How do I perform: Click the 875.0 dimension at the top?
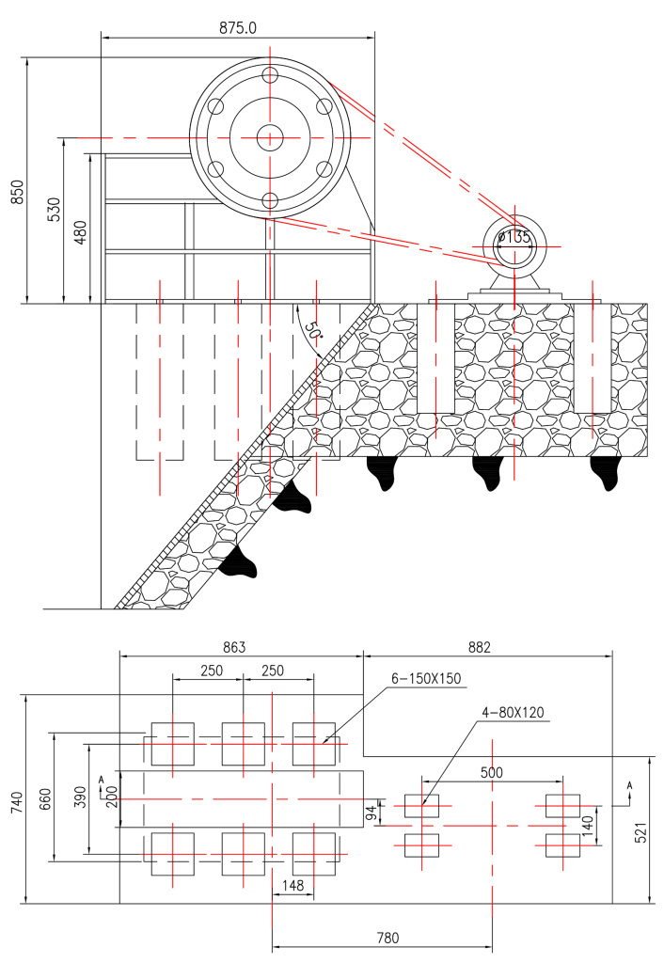coord(238,27)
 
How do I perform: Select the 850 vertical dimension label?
coord(17,192)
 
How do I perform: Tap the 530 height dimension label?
coord(54,210)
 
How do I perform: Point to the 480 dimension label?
coord(81,232)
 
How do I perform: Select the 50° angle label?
coord(313,331)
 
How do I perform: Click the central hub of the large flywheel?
coord(269,137)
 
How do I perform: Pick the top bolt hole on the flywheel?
coord(269,75)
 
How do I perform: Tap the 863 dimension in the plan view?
coord(234,647)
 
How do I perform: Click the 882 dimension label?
coord(480,647)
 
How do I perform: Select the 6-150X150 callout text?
coord(426,679)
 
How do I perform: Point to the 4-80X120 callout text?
coord(513,713)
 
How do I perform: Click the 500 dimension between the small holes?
coord(491,772)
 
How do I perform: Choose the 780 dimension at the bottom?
coord(387,938)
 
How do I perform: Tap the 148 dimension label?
coord(293,885)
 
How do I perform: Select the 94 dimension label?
coord(371,813)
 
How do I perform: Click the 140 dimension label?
coord(588,826)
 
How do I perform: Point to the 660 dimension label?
coord(45,798)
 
